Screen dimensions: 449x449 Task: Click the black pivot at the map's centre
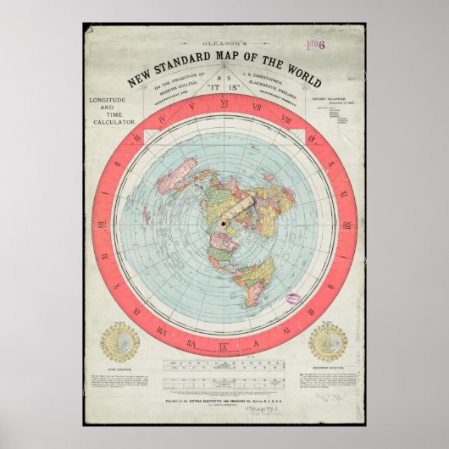(223, 223)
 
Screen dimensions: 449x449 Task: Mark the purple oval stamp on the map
(294, 300)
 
